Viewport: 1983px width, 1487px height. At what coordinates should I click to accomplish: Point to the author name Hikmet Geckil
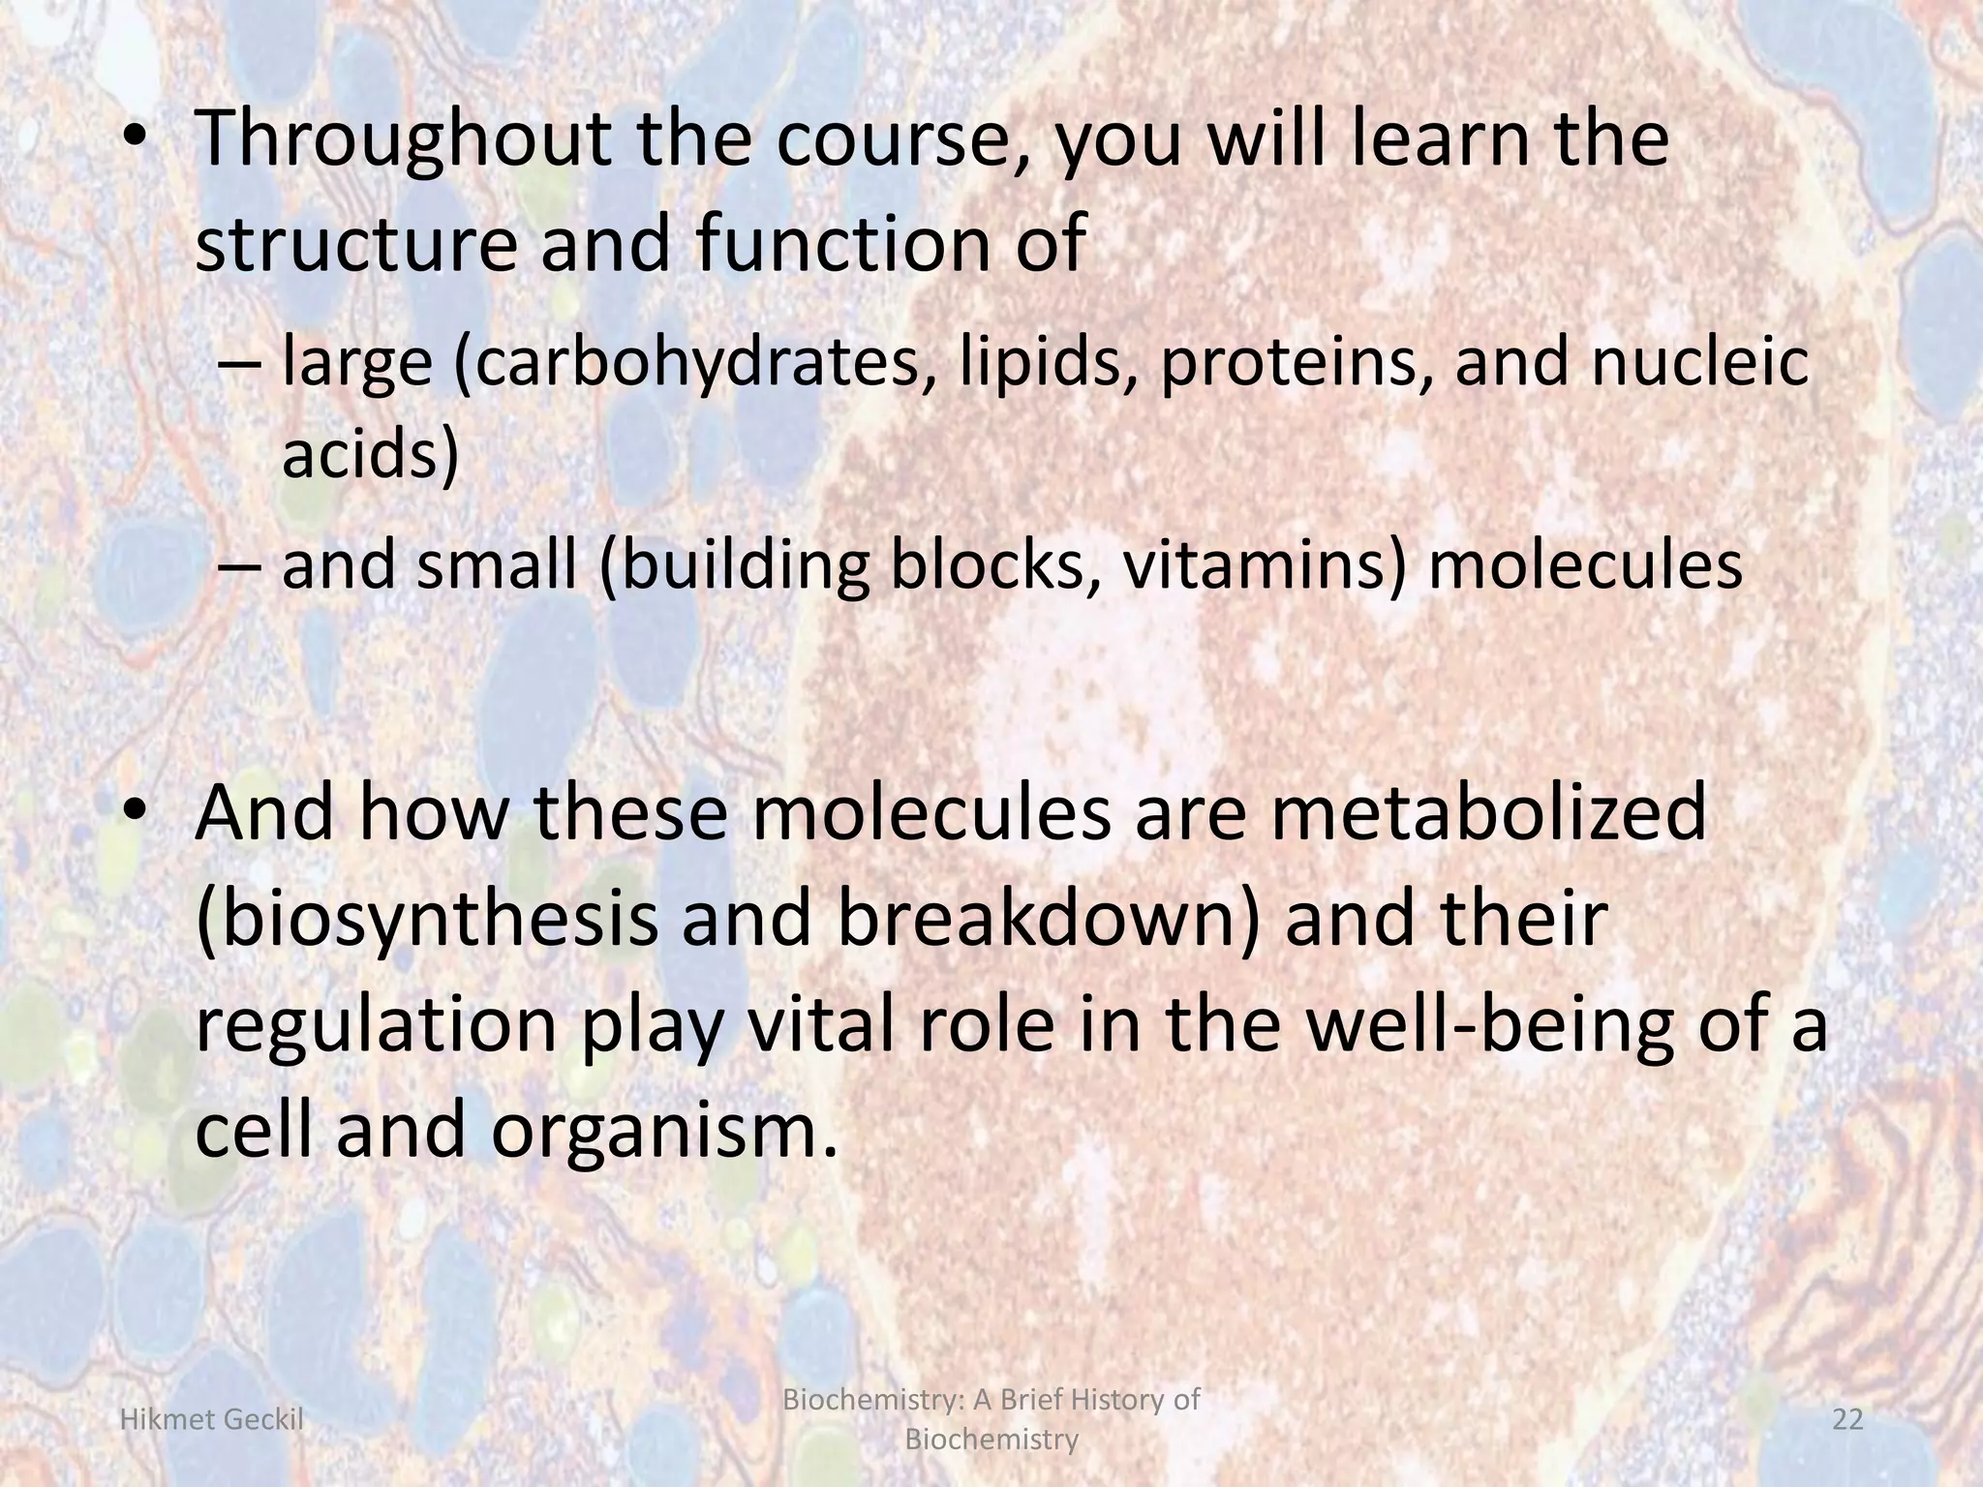[210, 1420]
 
